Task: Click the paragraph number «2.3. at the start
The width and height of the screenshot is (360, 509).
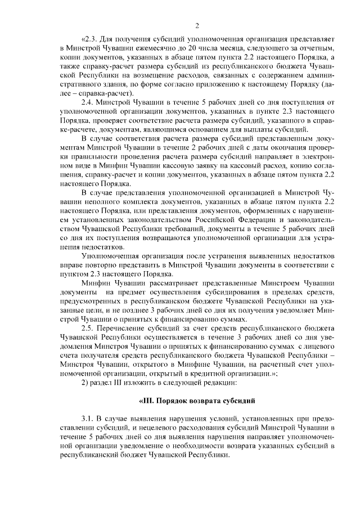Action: [89, 40]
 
